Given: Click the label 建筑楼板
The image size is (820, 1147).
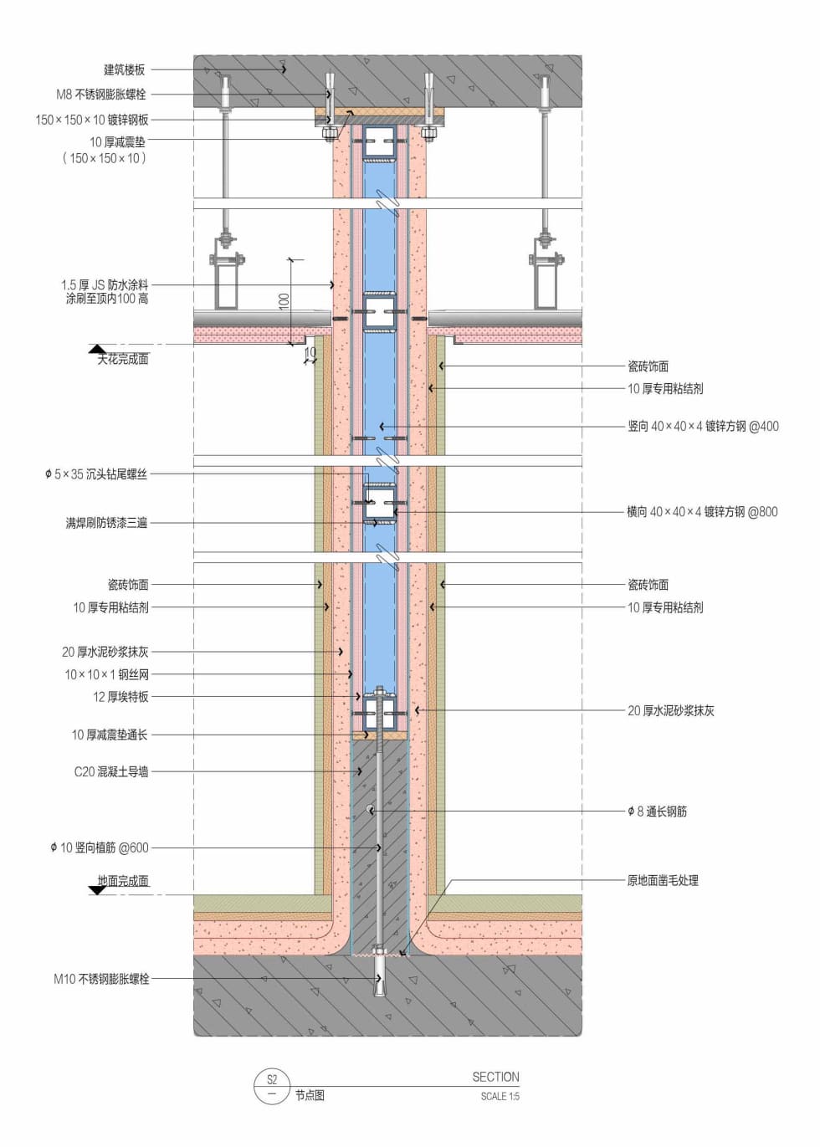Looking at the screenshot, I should coord(124,70).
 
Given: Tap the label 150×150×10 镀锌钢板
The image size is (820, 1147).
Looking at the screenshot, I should coord(91,120).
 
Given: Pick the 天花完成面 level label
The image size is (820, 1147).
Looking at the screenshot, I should coord(123,359).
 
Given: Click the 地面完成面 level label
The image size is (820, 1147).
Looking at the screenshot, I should coord(123,880).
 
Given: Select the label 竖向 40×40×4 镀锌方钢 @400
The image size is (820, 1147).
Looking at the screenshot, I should coord(703,426).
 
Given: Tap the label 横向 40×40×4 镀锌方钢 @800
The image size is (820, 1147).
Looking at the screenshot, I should coord(702,511).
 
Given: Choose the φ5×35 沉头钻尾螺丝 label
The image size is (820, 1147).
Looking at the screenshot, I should coord(96,474).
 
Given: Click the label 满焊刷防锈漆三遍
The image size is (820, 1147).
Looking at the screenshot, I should coord(106,523).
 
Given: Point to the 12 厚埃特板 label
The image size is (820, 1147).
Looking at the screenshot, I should coord(120,696).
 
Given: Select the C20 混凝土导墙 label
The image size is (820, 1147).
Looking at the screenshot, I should coord(111,771).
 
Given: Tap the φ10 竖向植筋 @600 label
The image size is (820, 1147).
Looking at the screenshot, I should coord(99,847).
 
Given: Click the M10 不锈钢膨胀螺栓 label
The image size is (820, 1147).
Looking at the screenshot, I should coord(101,978).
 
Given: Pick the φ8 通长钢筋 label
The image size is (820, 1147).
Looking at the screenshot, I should coord(657,811).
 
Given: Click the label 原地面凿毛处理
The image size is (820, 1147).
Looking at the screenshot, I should coord(663,880).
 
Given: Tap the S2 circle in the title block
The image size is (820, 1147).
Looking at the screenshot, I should coord(271,1079).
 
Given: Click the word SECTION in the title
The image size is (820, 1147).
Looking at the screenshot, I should coord(495,1077).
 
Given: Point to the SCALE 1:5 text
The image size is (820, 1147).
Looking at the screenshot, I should coord(500,1096).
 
